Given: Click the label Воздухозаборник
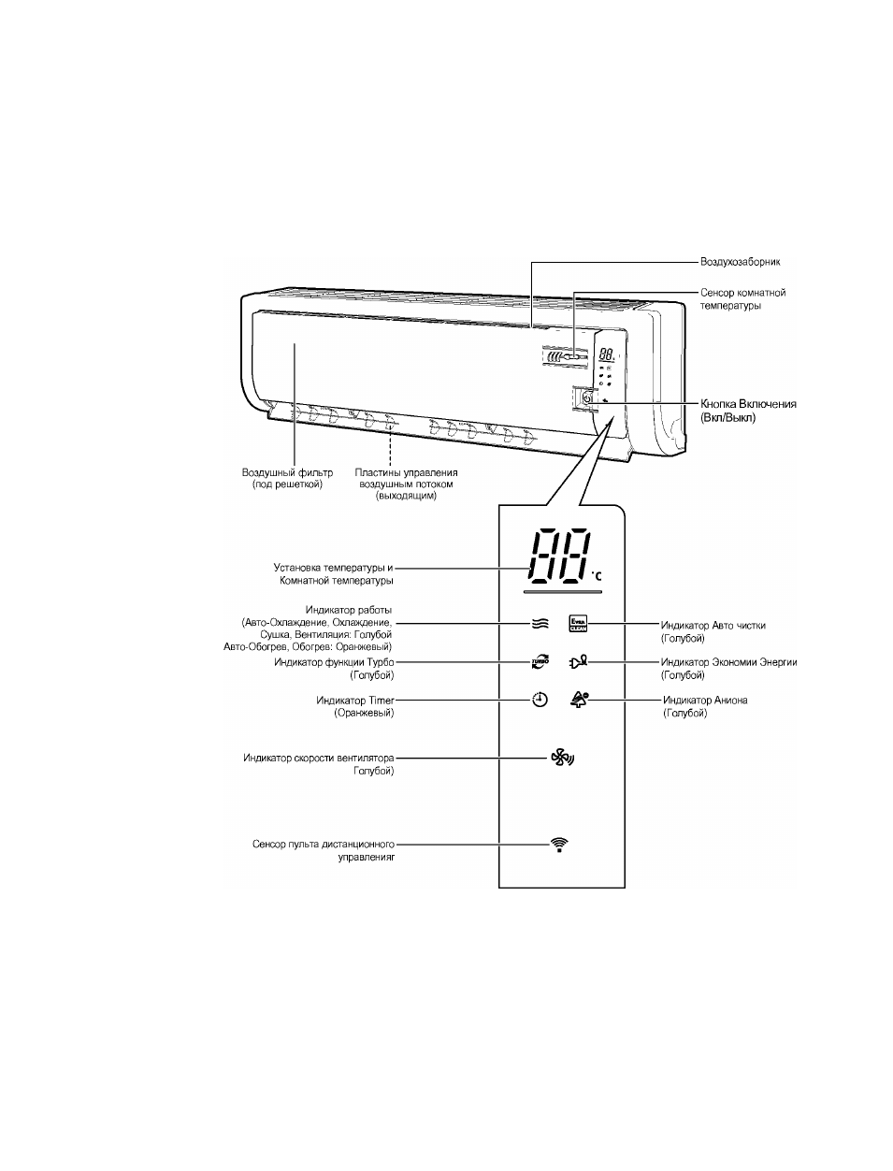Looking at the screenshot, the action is click(740, 262).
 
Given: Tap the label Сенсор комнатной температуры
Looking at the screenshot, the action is click(742, 298).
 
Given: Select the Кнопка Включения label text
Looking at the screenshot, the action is click(748, 404).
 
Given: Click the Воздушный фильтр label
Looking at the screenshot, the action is click(287, 472).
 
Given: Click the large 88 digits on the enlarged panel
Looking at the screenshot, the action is click(558, 557).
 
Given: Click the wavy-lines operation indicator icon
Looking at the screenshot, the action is click(540, 624).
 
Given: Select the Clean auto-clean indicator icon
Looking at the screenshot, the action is click(578, 624).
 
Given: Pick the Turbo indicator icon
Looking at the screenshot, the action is click(540, 662).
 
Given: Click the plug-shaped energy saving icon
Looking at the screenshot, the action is click(578, 662).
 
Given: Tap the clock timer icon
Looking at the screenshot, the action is click(540, 700).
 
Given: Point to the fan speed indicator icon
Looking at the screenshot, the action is click(562, 758).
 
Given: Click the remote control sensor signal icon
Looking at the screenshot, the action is click(559, 845).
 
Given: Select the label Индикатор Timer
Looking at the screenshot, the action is click(355, 700).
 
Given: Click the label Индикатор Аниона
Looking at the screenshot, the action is click(705, 700).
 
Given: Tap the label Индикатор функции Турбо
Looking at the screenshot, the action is click(334, 662).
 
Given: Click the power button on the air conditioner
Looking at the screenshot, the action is click(586, 398).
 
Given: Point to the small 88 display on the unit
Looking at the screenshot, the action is click(607, 354).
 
